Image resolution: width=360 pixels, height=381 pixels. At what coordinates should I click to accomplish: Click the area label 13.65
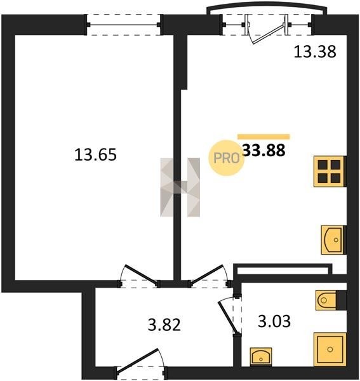(95, 155)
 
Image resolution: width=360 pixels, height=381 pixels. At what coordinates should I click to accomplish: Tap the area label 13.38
(315, 51)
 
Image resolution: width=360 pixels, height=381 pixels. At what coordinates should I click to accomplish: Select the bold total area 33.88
(264, 150)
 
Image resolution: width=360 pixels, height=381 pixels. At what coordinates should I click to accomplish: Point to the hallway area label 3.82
(164, 325)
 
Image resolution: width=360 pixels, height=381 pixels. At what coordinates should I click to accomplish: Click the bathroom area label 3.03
(274, 321)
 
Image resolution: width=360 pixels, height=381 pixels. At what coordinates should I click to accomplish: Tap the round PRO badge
(226, 158)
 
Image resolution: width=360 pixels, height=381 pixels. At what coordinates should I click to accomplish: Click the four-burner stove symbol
(330, 171)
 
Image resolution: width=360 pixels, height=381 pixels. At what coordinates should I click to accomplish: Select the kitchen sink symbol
(333, 240)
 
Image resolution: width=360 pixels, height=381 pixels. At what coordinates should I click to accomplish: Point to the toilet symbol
(326, 300)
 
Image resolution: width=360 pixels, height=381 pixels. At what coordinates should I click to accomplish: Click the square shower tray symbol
(330, 349)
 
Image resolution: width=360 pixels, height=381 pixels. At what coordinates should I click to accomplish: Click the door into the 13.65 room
(140, 276)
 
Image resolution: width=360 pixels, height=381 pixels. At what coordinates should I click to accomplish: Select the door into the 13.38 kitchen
(210, 276)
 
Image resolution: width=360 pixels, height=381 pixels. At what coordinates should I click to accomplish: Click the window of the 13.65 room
(124, 25)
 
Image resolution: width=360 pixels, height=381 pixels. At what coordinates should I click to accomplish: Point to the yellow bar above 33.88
(263, 137)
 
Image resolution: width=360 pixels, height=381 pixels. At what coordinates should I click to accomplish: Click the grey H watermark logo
(180, 187)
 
